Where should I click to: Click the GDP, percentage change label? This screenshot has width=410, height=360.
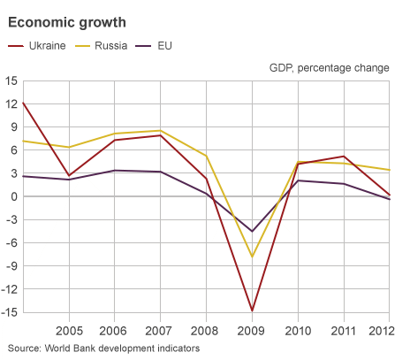coord(328,67)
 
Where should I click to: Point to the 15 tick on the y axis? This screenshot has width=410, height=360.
coord(11,81)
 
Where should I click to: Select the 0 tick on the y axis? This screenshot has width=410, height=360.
coord(13,196)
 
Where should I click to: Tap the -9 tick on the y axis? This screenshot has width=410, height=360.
coord(11,265)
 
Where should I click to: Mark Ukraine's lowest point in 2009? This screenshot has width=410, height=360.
coord(253,310)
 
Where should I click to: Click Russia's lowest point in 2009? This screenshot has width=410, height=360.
coord(253,257)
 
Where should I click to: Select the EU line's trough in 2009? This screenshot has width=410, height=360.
coord(253,231)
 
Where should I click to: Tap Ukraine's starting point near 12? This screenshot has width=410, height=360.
coord(23,103)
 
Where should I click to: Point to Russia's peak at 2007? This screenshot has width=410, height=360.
coord(161,131)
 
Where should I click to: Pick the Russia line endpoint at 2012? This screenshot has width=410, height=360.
coord(391,170)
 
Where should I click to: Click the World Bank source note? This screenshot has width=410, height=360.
coord(103,349)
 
